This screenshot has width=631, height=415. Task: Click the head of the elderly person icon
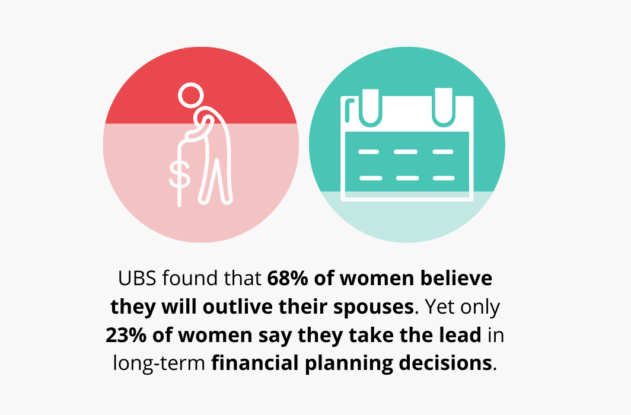(x=191, y=95)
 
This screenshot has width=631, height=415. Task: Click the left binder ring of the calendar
(x=370, y=107)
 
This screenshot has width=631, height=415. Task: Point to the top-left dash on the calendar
(x=369, y=152)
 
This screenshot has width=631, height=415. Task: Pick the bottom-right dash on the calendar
(x=444, y=178)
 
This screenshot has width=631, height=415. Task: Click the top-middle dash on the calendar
(x=406, y=152)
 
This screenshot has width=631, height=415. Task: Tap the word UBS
(x=137, y=278)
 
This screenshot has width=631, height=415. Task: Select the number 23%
(x=126, y=335)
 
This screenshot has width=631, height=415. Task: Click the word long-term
(x=159, y=363)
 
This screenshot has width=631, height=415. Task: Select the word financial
(x=255, y=363)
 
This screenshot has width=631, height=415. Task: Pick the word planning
(x=349, y=363)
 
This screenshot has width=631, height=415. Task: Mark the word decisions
(x=445, y=363)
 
